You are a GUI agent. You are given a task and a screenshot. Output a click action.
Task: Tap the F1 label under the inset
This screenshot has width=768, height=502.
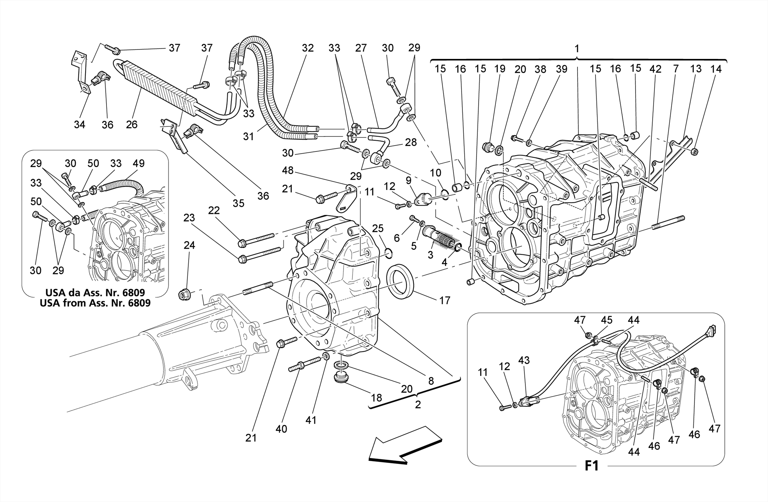[591, 466]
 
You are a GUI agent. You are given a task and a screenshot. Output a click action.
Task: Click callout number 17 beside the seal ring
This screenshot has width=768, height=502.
[445, 300]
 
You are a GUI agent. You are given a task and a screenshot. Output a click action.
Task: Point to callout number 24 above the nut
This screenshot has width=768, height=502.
[189, 245]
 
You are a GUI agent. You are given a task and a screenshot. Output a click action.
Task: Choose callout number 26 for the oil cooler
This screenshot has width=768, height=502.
[132, 125]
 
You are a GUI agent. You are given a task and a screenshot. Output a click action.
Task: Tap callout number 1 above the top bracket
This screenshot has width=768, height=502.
[577, 48]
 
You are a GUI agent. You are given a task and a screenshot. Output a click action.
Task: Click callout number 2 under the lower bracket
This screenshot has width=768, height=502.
[418, 404]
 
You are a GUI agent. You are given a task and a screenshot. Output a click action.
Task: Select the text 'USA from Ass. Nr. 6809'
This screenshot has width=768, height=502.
[95, 303]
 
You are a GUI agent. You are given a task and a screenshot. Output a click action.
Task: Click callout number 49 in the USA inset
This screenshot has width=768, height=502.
[138, 163]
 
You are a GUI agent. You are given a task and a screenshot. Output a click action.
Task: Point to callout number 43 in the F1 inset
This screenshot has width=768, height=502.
[524, 361]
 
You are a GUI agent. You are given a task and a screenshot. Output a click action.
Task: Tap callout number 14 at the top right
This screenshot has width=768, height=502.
[715, 69]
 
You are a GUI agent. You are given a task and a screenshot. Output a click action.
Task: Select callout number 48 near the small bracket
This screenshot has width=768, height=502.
[288, 171]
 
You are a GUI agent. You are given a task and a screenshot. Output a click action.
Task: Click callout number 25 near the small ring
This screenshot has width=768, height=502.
[378, 228]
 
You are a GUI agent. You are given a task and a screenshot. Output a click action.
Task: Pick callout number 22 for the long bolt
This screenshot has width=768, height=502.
[214, 211]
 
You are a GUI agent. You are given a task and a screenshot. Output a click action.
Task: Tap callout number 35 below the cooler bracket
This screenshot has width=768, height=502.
[238, 203]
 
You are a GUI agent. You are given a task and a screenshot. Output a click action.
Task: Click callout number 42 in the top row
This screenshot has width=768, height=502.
[655, 69]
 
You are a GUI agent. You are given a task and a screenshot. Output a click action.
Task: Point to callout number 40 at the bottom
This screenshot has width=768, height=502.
[281, 429]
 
